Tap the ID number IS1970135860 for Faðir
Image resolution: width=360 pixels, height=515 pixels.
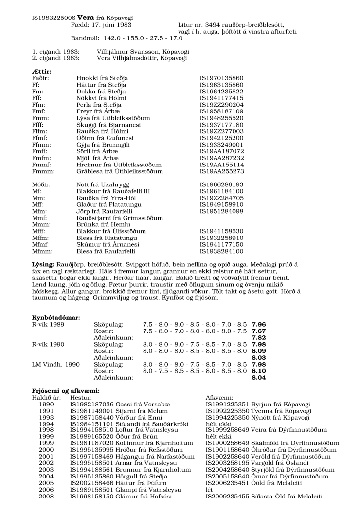point(221,78)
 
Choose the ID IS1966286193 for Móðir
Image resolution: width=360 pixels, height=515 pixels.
point(221,185)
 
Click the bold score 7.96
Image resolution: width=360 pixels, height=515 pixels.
point(259,323)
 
